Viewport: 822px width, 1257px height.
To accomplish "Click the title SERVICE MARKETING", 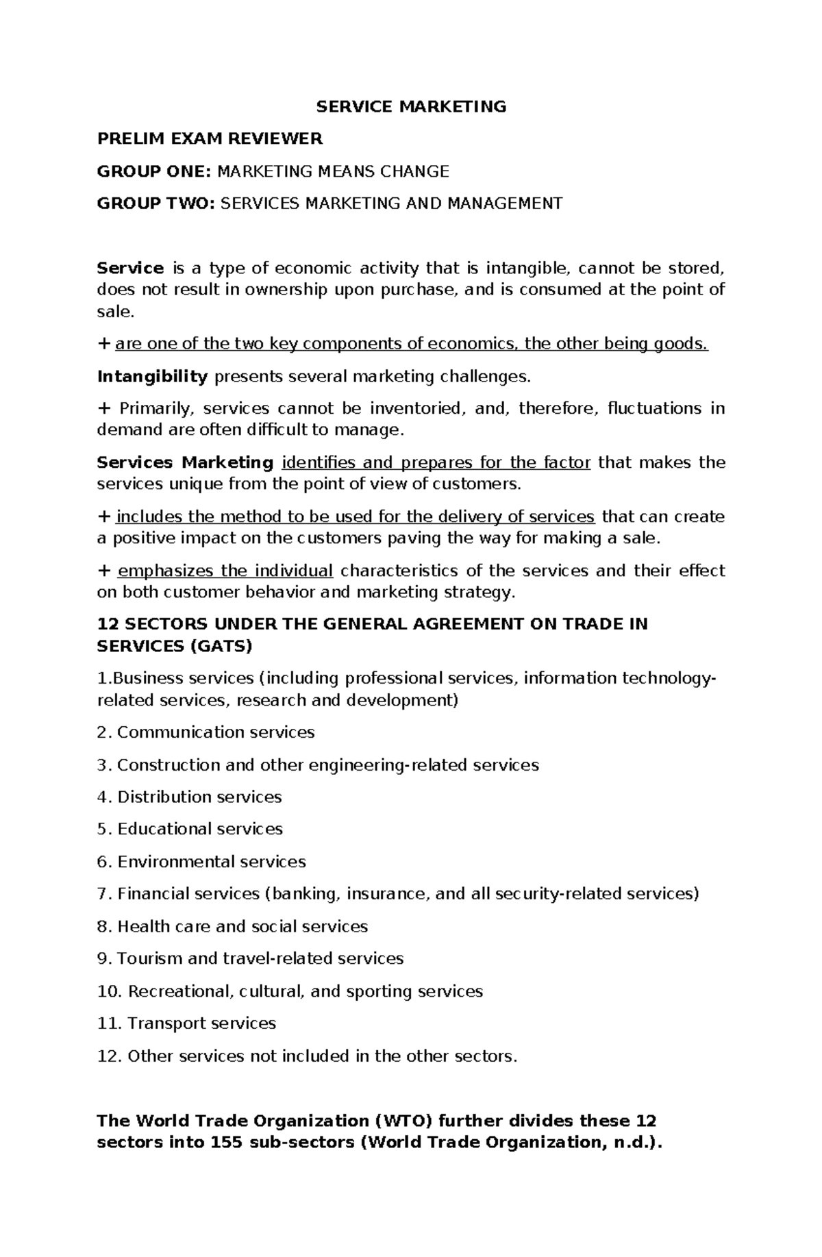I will click(x=410, y=107).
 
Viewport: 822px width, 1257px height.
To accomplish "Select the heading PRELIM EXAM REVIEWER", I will click(x=210, y=139).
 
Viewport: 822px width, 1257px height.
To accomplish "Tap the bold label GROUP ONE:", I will click(x=155, y=171).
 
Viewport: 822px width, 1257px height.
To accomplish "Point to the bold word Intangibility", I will click(x=153, y=377).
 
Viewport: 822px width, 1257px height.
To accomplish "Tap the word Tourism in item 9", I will click(x=149, y=958).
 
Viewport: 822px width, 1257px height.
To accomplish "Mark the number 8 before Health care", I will click(x=103, y=927).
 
